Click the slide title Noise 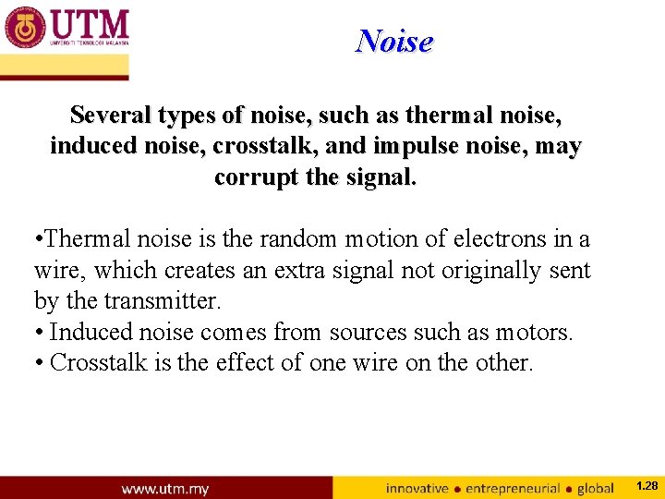coord(394,42)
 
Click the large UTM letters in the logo coord(90,23)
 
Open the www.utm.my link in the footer coord(165,488)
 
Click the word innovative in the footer coord(418,488)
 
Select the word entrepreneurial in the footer coord(513,488)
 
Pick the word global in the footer coord(596,488)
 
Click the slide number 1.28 coord(647,485)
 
